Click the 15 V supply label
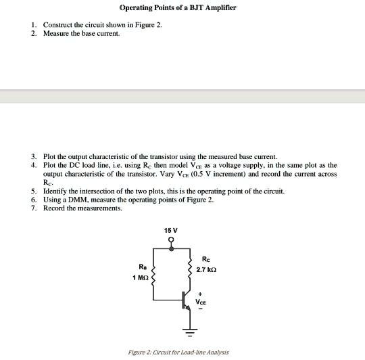(x=171, y=231)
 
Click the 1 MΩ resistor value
(x=140, y=278)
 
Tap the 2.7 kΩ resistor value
(x=205, y=270)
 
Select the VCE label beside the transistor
(x=201, y=301)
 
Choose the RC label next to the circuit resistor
(x=205, y=259)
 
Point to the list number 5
(x=33, y=192)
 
